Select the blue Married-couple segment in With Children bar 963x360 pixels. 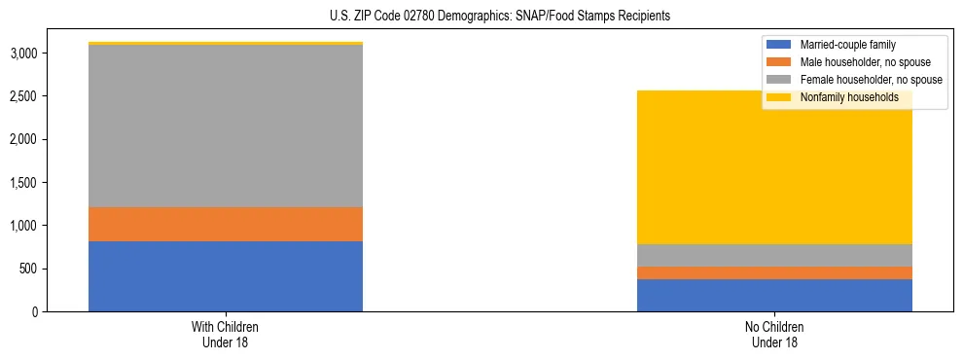(x=226, y=276)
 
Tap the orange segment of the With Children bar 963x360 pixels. (x=226, y=224)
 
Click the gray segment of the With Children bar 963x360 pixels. (x=226, y=126)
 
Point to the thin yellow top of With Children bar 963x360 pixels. (x=226, y=44)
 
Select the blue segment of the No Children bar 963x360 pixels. (x=774, y=295)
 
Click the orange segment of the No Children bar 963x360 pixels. (x=774, y=272)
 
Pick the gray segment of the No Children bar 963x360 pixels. (x=774, y=255)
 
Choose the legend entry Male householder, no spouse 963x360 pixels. (x=862, y=62)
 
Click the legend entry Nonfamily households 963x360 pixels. (x=848, y=97)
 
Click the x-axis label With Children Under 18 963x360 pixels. (x=226, y=334)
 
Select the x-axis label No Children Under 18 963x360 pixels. (x=774, y=334)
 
